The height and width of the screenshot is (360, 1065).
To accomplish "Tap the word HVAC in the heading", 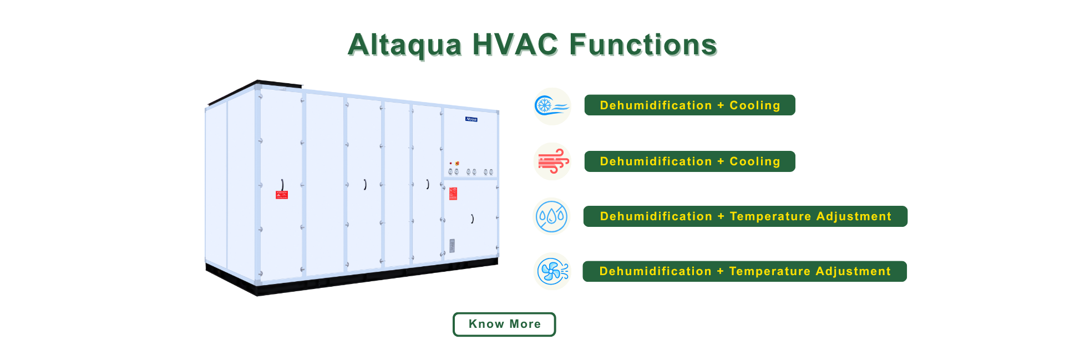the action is pyautogui.click(x=515, y=44).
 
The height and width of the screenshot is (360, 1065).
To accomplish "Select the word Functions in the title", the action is pyautogui.click(x=643, y=44).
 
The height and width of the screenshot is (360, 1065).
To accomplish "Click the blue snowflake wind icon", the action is pyautogui.click(x=552, y=106).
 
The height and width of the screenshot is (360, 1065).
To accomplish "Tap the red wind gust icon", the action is pyautogui.click(x=552, y=161).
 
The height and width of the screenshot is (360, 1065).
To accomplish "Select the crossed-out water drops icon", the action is pyautogui.click(x=552, y=216).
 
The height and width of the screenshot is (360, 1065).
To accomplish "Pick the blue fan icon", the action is pyautogui.click(x=552, y=271).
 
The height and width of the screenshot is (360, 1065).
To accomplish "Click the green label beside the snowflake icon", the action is pyautogui.click(x=689, y=105).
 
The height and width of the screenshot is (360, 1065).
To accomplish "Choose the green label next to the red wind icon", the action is pyautogui.click(x=689, y=161).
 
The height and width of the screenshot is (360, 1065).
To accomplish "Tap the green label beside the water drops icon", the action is pyautogui.click(x=745, y=216).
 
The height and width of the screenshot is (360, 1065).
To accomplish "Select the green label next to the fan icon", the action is pyautogui.click(x=744, y=271).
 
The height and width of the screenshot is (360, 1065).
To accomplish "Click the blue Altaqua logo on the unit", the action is pyautogui.click(x=471, y=119).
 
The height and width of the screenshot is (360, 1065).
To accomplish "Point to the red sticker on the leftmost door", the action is pyautogui.click(x=282, y=195).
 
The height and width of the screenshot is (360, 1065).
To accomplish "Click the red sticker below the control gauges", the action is pyautogui.click(x=453, y=194).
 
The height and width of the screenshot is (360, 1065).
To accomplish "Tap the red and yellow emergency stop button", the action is pyautogui.click(x=457, y=164).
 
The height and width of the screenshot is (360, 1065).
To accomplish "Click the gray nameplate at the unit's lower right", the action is pyautogui.click(x=452, y=246).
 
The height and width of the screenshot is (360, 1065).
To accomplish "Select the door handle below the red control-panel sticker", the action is pyautogui.click(x=472, y=219).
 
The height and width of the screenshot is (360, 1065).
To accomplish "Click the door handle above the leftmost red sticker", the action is pyautogui.click(x=282, y=185).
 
